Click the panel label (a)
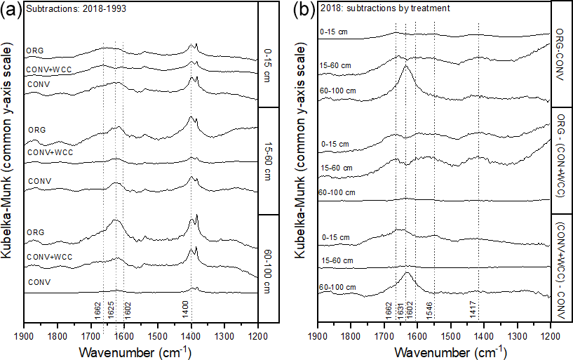click(x=12, y=10)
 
